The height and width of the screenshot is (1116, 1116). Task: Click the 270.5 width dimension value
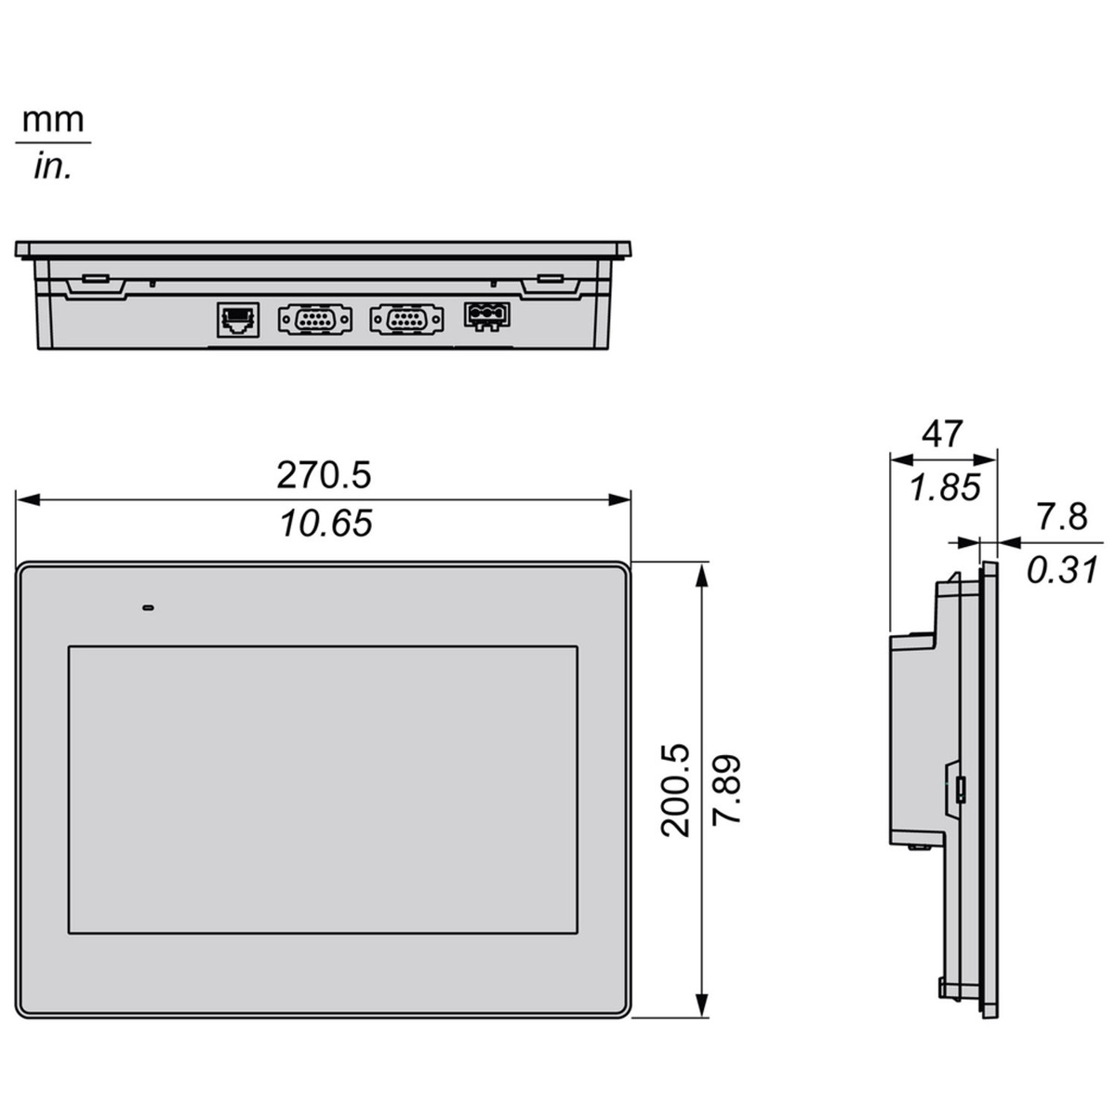324,475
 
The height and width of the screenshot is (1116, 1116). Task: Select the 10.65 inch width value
326,523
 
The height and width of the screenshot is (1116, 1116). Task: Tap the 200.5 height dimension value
675,790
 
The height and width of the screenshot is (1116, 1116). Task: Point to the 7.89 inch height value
726,790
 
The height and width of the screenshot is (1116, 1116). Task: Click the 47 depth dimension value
942,433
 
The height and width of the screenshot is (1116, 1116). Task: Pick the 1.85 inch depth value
945,486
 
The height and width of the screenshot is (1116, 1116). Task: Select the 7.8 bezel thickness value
1061,516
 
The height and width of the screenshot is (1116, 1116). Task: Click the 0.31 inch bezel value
1063,569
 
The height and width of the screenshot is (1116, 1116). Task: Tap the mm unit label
53,121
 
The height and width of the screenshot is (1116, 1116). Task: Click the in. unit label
53,166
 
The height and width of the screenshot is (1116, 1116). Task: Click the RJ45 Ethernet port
238,319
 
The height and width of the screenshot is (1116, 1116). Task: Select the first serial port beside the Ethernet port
315,319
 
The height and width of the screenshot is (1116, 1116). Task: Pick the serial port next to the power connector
407,319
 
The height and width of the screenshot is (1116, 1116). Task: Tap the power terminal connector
486,316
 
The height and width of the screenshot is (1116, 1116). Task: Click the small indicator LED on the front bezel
148,608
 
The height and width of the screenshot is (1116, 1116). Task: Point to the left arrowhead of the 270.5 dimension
28,499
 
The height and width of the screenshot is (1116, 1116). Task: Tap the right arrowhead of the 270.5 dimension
619,499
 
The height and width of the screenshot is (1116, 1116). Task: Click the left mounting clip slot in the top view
95,279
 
